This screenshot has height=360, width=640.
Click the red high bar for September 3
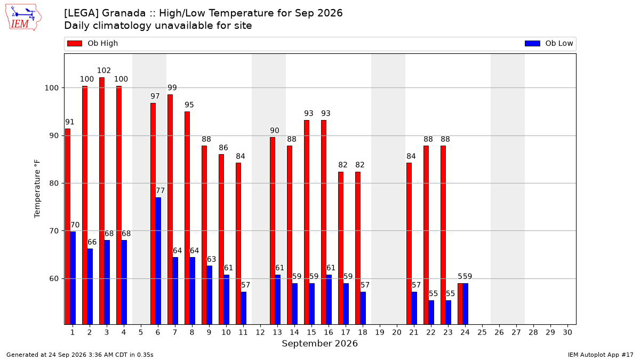click(x=102, y=201)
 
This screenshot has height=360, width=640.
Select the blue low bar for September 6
click(x=158, y=261)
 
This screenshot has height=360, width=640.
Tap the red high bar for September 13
click(x=273, y=231)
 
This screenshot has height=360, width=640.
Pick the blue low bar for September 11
click(x=243, y=308)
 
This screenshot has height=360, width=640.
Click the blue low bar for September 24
click(x=466, y=303)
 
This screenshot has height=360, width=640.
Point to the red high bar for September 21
click(x=409, y=244)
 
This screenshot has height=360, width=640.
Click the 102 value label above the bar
click(x=103, y=70)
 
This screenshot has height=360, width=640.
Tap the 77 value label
click(x=160, y=190)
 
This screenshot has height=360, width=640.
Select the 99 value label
click(x=172, y=87)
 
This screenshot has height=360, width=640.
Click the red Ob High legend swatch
click(x=75, y=43)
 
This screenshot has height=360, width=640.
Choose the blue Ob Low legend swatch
click(x=532, y=43)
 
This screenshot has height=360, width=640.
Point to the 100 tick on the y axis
click(x=51, y=88)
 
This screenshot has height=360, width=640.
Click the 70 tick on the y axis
click(x=54, y=231)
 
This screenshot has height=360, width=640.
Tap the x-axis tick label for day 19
click(x=379, y=333)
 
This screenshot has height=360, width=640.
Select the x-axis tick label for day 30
click(x=567, y=333)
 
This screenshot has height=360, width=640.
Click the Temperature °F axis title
click(x=37, y=189)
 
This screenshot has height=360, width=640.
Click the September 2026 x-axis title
click(x=319, y=343)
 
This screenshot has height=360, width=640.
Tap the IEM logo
click(x=23, y=18)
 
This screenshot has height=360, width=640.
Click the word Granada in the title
click(x=124, y=13)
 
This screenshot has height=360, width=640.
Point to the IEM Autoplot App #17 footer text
click(x=601, y=355)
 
